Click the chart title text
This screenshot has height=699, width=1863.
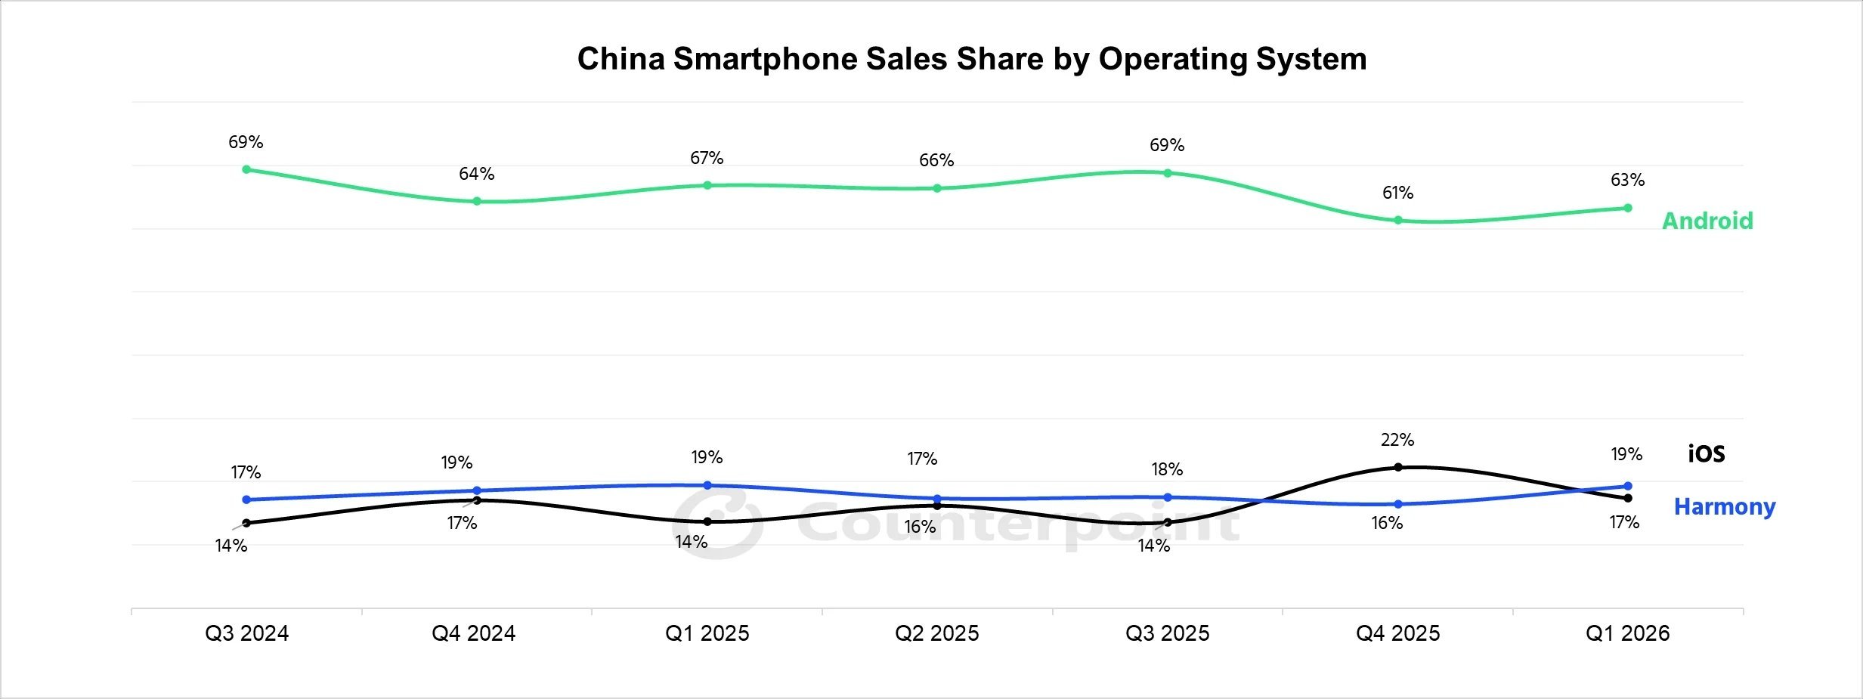click(x=972, y=59)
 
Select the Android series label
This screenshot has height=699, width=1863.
click(x=1707, y=221)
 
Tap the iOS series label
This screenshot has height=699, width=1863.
click(x=1707, y=453)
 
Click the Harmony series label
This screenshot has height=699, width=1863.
click(x=1725, y=506)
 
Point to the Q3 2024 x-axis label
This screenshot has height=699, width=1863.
click(x=246, y=633)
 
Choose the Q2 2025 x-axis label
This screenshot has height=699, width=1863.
click(x=937, y=633)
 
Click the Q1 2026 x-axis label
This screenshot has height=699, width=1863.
click(x=1627, y=633)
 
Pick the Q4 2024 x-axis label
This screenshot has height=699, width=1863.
click(x=474, y=633)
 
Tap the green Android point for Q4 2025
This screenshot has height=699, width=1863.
click(x=1398, y=221)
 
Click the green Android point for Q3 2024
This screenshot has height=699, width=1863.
click(x=246, y=169)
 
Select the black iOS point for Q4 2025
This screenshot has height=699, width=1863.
click(x=1398, y=467)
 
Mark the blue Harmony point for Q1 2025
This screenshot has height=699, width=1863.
click(x=707, y=485)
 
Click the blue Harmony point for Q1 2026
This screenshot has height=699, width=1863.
click(x=1628, y=486)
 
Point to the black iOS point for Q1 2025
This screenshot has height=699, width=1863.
click(x=707, y=521)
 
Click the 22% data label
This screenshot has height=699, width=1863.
click(x=1397, y=440)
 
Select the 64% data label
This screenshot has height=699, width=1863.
click(x=477, y=174)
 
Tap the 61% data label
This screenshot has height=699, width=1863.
click(x=1398, y=193)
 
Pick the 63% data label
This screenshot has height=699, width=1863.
click(x=1628, y=180)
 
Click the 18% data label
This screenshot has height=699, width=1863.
click(x=1168, y=469)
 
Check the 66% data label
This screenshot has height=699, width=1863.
click(x=936, y=160)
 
